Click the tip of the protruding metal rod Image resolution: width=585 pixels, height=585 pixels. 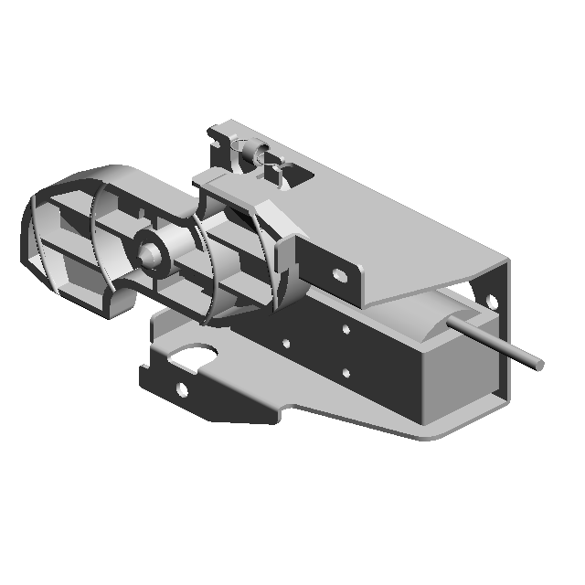coord(539,364)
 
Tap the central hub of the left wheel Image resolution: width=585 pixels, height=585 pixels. coord(148,251)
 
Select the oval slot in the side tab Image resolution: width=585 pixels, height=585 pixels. coord(339,274)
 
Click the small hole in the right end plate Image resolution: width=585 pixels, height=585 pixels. coord(492,300)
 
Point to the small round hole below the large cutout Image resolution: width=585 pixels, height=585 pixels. coord(182,390)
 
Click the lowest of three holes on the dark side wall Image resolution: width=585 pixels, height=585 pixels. coord(347,372)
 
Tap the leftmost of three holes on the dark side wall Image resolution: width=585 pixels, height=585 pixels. coord(286,344)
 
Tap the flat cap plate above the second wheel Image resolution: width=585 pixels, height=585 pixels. coord(229,188)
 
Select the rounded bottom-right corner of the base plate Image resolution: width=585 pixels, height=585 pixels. coord(430,434)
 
